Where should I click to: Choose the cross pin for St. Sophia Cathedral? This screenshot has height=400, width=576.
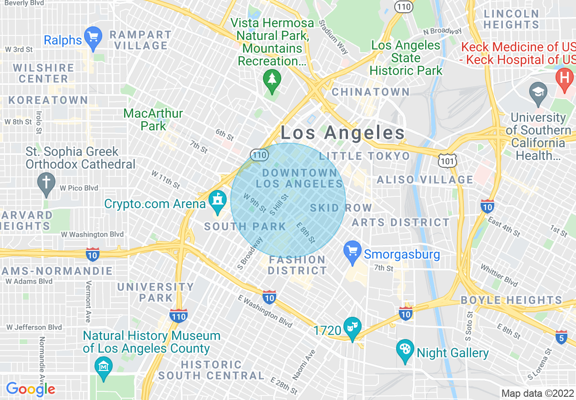pyautogui.click(x=46, y=182)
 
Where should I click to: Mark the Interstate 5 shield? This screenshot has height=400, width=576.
pyautogui.click(x=561, y=337)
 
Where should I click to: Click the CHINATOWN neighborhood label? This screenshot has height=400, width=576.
pyautogui.click(x=371, y=92)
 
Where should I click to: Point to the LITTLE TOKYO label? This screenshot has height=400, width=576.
pyautogui.click(x=364, y=156)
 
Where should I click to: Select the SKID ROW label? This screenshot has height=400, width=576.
pyautogui.click(x=341, y=208)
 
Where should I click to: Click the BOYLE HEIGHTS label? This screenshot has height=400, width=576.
pyautogui.click(x=511, y=300)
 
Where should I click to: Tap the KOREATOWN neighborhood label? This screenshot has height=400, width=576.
pyautogui.click(x=48, y=100)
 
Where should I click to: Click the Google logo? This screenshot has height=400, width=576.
pyautogui.click(x=30, y=389)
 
